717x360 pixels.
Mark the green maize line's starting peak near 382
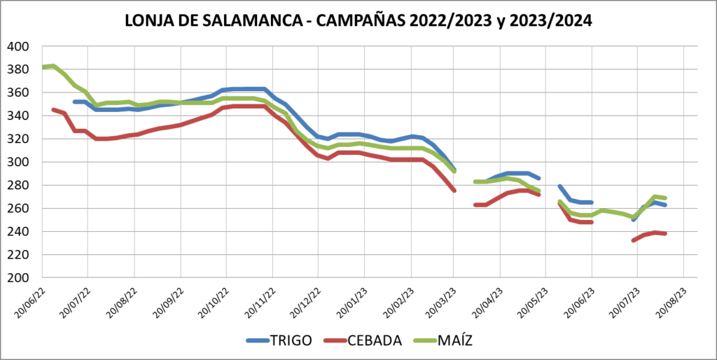point(53,66)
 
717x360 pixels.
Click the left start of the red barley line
point(53,110)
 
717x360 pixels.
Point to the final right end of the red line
point(665,233)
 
